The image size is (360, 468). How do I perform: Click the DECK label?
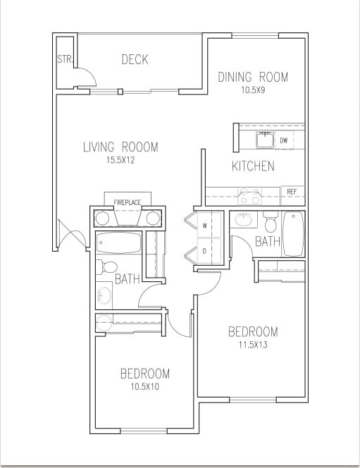135,60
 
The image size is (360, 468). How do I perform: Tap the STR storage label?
64,59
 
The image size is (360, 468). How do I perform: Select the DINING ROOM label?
252,78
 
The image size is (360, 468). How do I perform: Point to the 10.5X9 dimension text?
252,90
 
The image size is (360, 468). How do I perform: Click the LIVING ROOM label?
120,147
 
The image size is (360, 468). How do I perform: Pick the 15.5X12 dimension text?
120,160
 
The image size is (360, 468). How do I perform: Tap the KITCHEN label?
253,167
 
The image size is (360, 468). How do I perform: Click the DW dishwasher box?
284,140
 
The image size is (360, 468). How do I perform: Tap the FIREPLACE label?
128,203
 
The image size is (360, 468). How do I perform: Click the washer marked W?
205,226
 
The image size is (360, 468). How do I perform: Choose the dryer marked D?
205,250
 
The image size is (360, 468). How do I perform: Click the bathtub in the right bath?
293,234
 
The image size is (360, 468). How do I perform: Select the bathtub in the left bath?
119,243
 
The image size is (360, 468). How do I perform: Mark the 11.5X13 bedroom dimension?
252,345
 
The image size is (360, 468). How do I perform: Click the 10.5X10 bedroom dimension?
144,386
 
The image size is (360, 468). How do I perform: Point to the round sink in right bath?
245,221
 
